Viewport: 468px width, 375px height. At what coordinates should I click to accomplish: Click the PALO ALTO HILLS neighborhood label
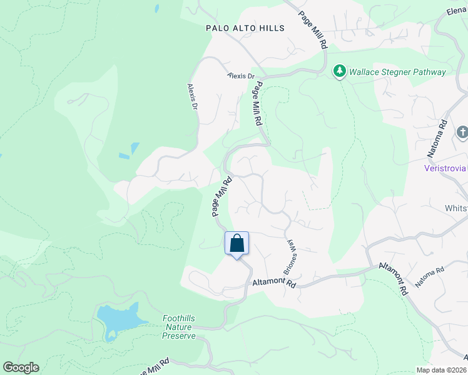245,28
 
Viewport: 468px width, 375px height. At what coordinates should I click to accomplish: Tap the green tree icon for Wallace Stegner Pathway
340,72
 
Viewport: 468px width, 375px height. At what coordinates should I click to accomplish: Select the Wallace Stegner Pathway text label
397,72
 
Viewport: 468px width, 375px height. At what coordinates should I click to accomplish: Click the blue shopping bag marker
237,243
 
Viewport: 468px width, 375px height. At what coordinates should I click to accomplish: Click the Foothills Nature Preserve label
179,327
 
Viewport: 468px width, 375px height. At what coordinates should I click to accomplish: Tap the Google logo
21,367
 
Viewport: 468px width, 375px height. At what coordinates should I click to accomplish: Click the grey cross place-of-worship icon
462,132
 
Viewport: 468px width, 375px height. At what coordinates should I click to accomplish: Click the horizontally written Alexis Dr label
242,76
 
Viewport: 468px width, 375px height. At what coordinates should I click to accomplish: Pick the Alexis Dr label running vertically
193,97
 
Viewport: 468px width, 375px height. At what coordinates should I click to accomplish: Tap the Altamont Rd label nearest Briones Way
273,283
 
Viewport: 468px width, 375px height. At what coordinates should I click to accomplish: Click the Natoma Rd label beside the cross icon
444,132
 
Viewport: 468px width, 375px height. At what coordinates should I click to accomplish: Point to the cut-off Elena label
457,11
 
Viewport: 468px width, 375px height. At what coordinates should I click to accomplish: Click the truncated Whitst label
456,208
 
